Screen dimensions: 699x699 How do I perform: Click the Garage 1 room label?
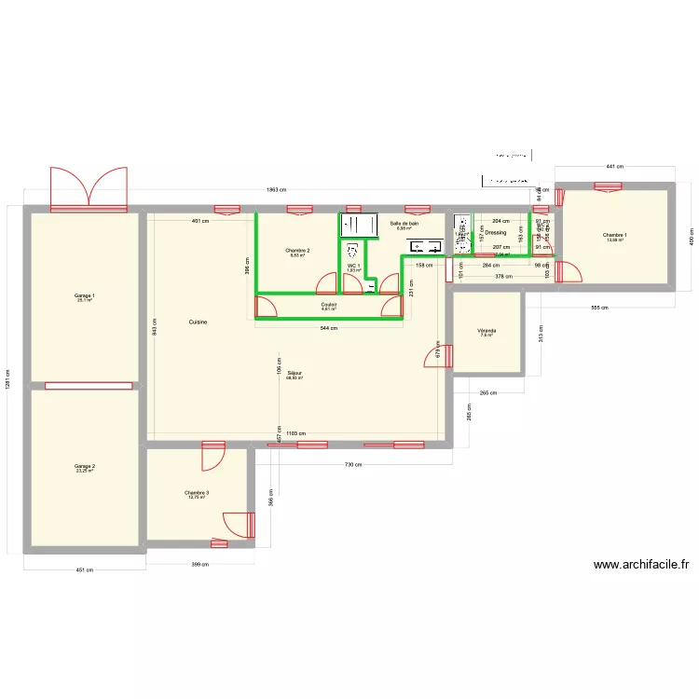[86, 296]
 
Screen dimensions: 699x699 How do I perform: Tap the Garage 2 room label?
[85, 466]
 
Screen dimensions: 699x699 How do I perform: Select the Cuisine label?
[198, 322]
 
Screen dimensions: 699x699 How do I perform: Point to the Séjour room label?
[295, 373]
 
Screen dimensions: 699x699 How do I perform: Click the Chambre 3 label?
[197, 493]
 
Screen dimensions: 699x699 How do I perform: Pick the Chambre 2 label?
[298, 251]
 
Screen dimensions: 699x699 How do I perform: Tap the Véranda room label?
[487, 331]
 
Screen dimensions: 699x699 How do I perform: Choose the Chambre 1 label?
[615, 235]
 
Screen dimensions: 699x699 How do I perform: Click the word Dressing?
[496, 232]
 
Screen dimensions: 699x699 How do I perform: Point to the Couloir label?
[329, 304]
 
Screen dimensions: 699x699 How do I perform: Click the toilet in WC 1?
[352, 251]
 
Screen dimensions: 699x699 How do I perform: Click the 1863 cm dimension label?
[276, 190]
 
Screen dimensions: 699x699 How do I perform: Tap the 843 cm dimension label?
[156, 325]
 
